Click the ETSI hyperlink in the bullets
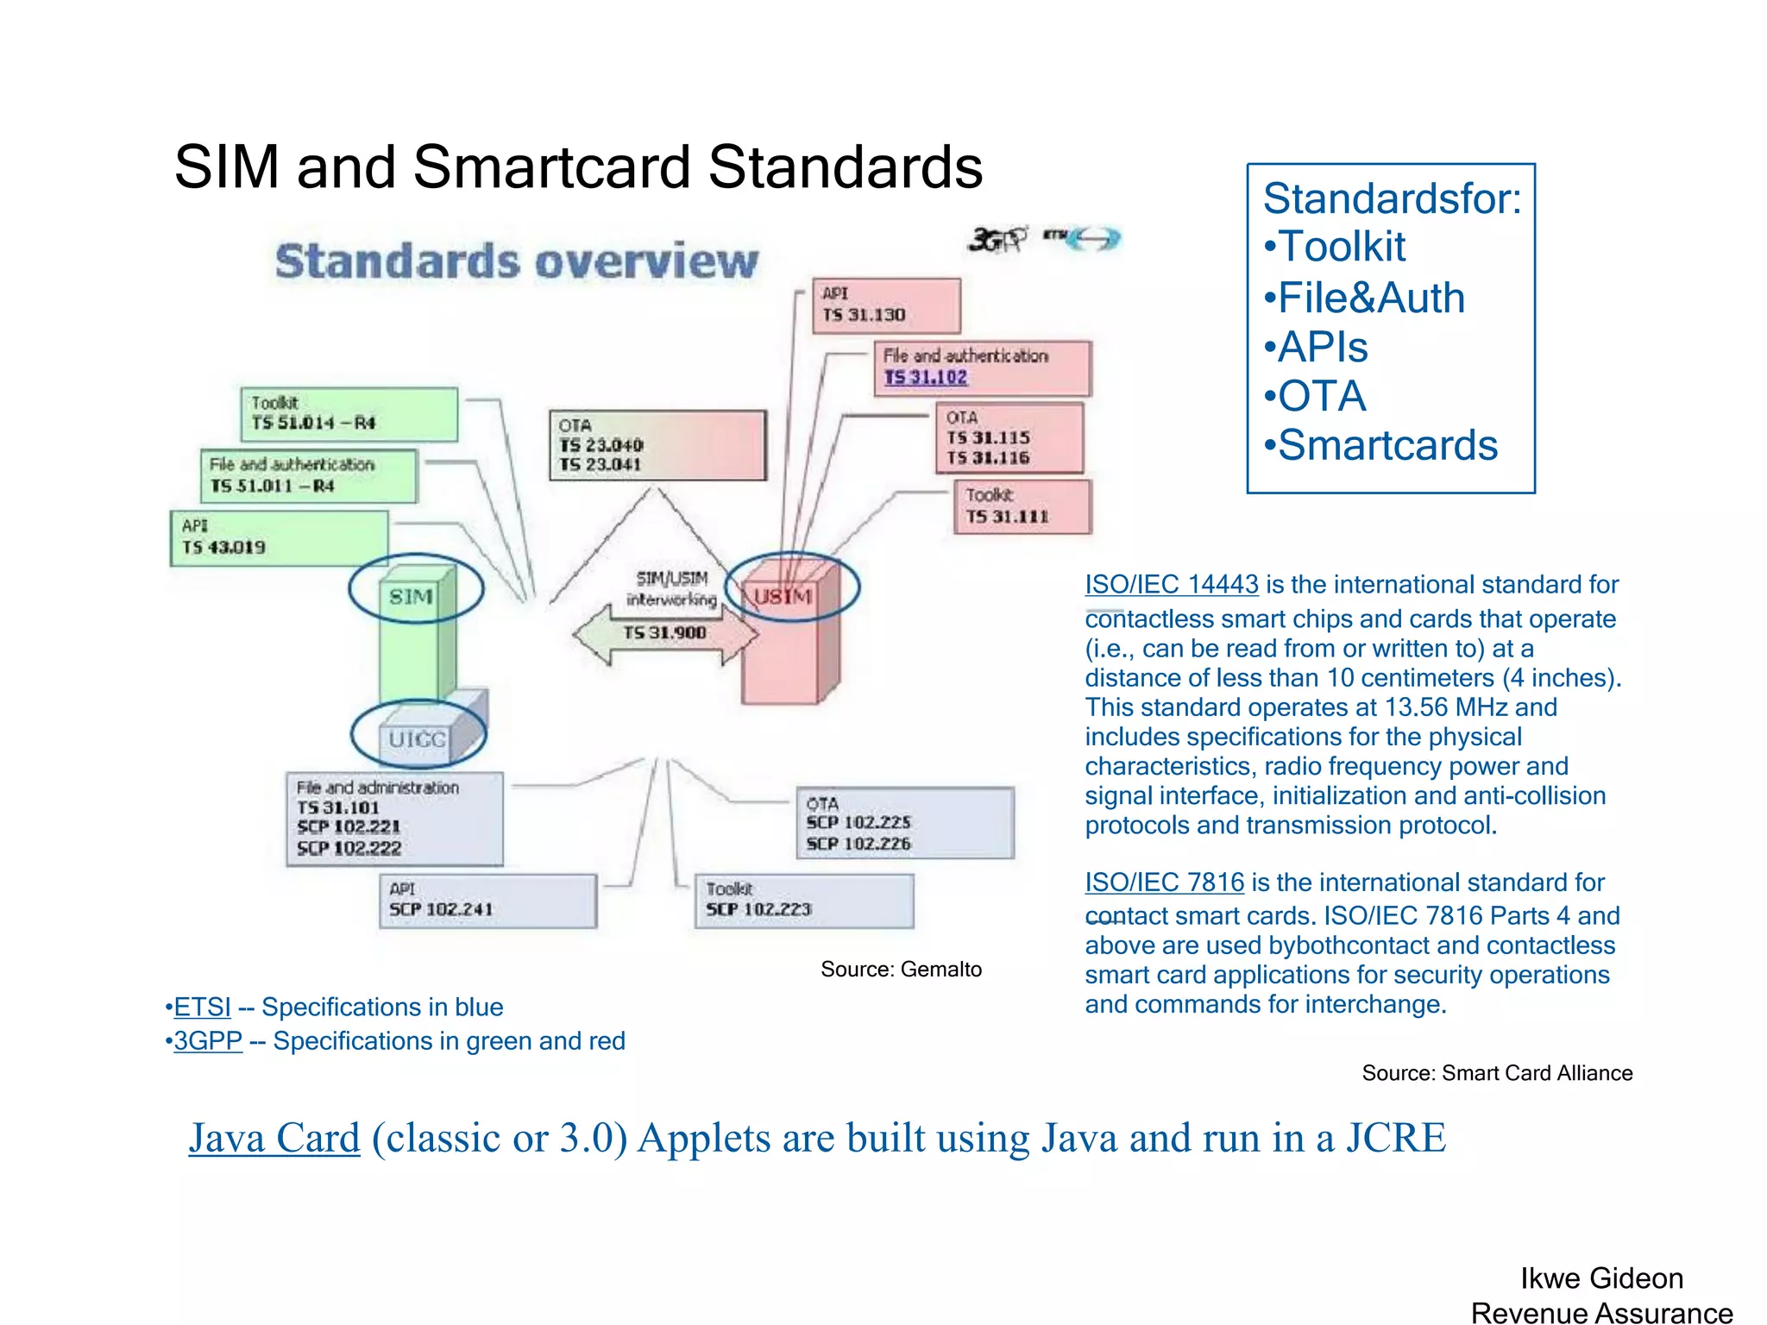tap(202, 1007)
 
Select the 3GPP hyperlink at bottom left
tap(207, 1041)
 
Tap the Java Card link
tap(274, 1138)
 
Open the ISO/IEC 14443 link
tap(1171, 585)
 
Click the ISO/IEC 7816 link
tap(1164, 882)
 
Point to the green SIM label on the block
tap(411, 597)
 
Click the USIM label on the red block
tap(783, 596)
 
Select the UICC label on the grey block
tap(417, 739)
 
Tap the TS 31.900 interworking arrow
tap(664, 633)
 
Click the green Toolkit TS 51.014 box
tap(348, 414)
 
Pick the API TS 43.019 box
tap(279, 537)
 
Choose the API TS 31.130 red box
tap(885, 305)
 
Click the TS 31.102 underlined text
tap(925, 378)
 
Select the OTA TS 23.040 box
tap(657, 445)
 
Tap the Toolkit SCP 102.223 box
tap(803, 901)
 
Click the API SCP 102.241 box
tap(487, 901)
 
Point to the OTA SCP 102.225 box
tap(904, 823)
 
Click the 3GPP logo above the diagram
tap(997, 239)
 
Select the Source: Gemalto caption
tap(901, 970)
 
